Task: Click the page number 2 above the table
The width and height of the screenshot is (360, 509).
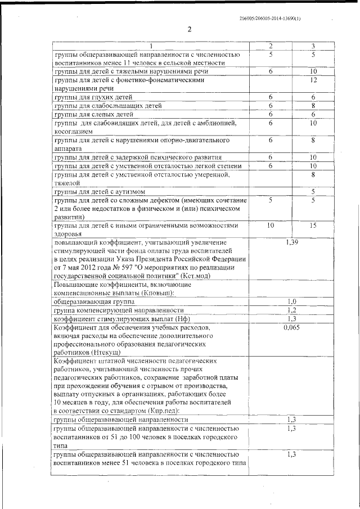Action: [x=190, y=30]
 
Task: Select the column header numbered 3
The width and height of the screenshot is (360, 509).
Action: [x=313, y=46]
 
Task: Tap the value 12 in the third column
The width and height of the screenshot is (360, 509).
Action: [x=313, y=80]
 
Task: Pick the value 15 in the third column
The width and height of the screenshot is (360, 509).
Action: [x=313, y=226]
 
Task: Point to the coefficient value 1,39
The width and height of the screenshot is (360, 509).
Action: [x=291, y=242]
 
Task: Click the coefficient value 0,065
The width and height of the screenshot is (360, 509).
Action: [x=291, y=327]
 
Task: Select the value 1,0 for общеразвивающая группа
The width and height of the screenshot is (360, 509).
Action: [x=291, y=302]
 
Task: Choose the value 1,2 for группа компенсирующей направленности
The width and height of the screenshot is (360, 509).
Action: [x=291, y=310]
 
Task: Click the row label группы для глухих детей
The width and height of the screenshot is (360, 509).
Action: [x=85, y=97]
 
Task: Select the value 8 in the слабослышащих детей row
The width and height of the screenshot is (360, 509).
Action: [x=313, y=106]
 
